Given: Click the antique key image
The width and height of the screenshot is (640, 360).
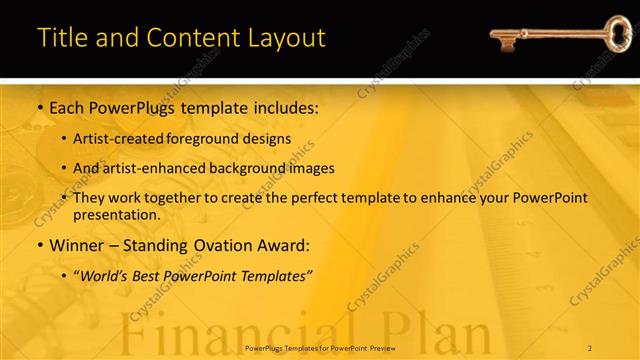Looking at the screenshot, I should click(549, 39).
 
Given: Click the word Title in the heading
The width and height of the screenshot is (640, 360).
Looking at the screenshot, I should click(60, 38).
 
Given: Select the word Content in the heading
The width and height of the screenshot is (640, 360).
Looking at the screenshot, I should click(189, 38).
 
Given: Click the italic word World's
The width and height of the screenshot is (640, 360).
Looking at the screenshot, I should click(107, 275).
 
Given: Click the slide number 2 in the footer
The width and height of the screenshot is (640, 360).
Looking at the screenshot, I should click(590, 347).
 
